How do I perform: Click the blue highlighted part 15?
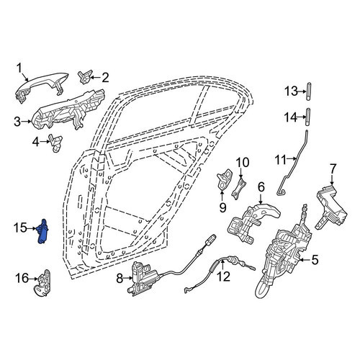click(42, 231)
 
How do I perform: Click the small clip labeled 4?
click(55, 143)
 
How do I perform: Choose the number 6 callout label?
click(261, 187)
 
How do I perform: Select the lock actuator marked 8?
click(143, 279)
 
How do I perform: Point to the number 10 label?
click(243, 163)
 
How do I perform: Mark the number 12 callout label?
click(224, 276)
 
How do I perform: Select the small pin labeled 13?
click(308, 91)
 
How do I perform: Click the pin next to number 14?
click(308, 117)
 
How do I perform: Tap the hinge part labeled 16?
click(42, 283)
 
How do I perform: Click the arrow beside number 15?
click(31, 229)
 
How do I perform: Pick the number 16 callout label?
click(23, 279)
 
